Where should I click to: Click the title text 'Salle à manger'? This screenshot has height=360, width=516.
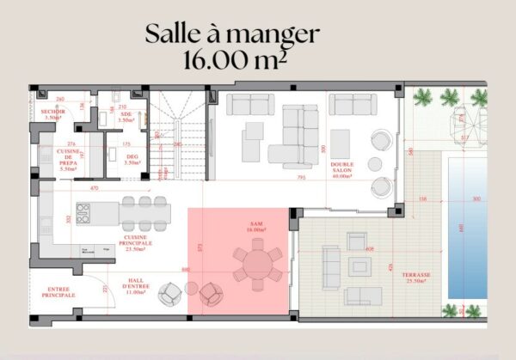click(x=232, y=34)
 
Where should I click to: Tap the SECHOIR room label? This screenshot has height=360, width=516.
click(x=49, y=113)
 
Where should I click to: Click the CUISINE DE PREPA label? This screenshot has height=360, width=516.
click(x=68, y=160)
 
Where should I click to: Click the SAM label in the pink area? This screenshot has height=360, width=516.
click(x=255, y=229)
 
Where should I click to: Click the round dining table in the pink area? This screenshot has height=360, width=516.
click(x=255, y=261)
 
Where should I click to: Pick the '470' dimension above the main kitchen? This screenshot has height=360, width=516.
click(x=95, y=187)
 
